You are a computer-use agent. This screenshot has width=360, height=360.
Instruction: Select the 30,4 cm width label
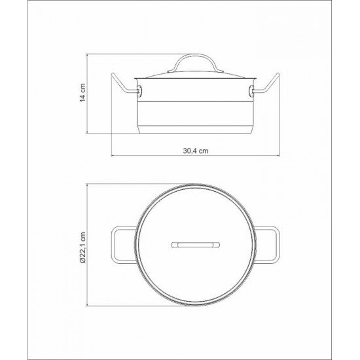pyautogui.click(x=195, y=150)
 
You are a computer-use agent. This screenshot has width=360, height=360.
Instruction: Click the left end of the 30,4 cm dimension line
pyautogui.click(x=111, y=156)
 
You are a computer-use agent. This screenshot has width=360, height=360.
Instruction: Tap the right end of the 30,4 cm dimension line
pyautogui.click(x=280, y=156)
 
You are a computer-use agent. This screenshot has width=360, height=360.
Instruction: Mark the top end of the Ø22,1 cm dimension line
pyautogui.click(x=90, y=186)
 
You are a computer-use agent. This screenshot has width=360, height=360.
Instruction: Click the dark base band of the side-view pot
pyautogui.click(x=195, y=126)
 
